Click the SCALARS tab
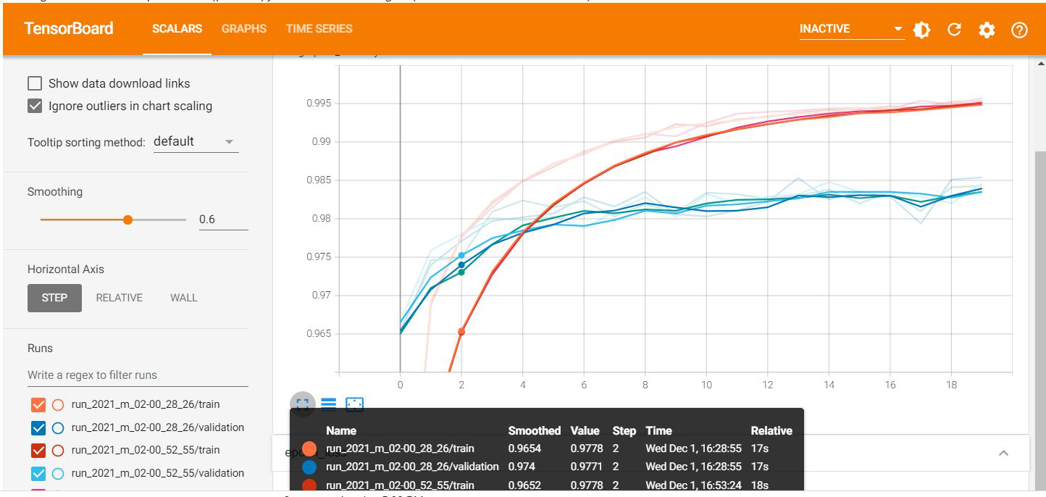[x=177, y=29]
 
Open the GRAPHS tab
[x=244, y=29]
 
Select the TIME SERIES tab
[x=319, y=29]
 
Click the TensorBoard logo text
[x=69, y=29]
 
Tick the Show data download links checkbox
[x=35, y=83]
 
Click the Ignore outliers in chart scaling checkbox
[x=35, y=106]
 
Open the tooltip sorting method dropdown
[x=196, y=142]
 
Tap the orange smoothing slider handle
[x=128, y=220]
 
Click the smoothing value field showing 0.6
[x=223, y=220]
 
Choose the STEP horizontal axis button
[x=54, y=298]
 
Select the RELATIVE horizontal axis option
[x=119, y=298]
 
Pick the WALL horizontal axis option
[x=183, y=298]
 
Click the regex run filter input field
[x=138, y=375]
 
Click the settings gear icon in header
[x=987, y=30]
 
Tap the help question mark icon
[x=1019, y=30]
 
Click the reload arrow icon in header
[x=954, y=30]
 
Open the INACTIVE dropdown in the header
[x=852, y=29]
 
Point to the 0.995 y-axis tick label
[x=318, y=104]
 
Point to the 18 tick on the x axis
[x=952, y=385]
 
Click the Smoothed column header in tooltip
[x=534, y=430]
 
